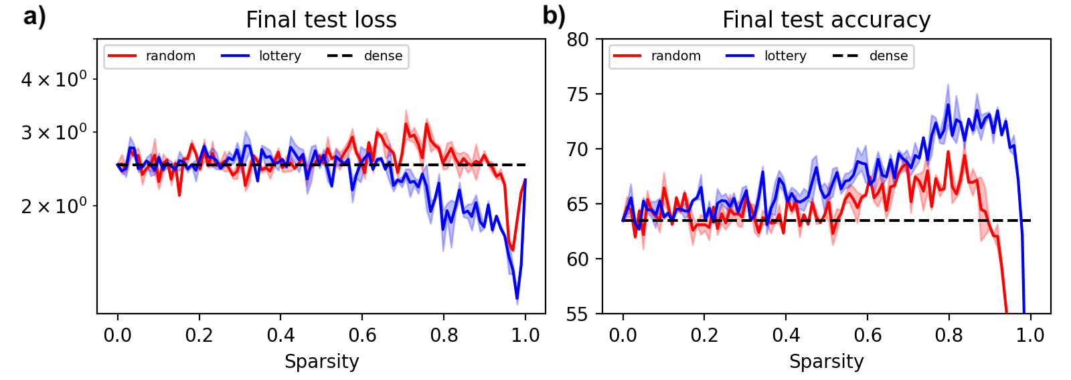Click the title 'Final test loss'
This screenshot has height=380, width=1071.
321,20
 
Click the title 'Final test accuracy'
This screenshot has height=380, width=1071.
826,20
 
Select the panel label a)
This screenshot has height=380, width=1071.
35,17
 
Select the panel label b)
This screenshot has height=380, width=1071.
554,17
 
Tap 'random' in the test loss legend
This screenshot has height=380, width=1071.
171,56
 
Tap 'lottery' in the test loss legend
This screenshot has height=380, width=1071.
280,56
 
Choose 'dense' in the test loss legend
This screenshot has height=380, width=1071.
383,56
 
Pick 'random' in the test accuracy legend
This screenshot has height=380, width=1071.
676,56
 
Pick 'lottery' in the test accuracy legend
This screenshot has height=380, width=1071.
785,56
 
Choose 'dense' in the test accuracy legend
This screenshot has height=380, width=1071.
888,56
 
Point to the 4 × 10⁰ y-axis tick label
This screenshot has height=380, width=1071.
54,79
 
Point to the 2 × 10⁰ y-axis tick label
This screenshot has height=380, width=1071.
54,206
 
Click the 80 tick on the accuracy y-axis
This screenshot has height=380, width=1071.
578,40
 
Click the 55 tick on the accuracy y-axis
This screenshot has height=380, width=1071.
578,314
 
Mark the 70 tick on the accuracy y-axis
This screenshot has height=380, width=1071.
578,149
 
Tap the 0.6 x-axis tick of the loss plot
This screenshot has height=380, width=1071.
362,335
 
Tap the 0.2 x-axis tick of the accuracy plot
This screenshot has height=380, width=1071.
704,335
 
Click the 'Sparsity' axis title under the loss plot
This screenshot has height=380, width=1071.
321,362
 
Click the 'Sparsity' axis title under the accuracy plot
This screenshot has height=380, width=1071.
826,362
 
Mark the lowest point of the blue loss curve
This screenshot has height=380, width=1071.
517,300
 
